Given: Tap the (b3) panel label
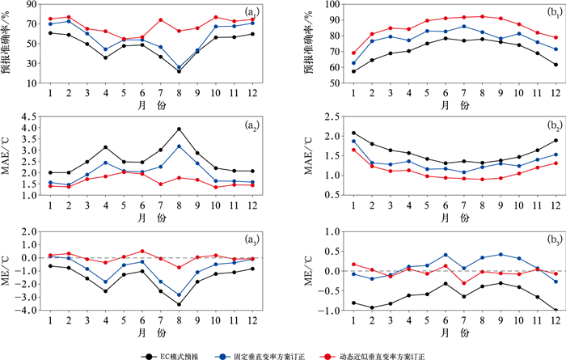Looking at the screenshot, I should (534, 240).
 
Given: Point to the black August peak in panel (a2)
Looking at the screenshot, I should (179, 129).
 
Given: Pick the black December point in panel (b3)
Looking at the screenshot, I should (534, 311).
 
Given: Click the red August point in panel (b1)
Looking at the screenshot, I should (461, 16).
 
